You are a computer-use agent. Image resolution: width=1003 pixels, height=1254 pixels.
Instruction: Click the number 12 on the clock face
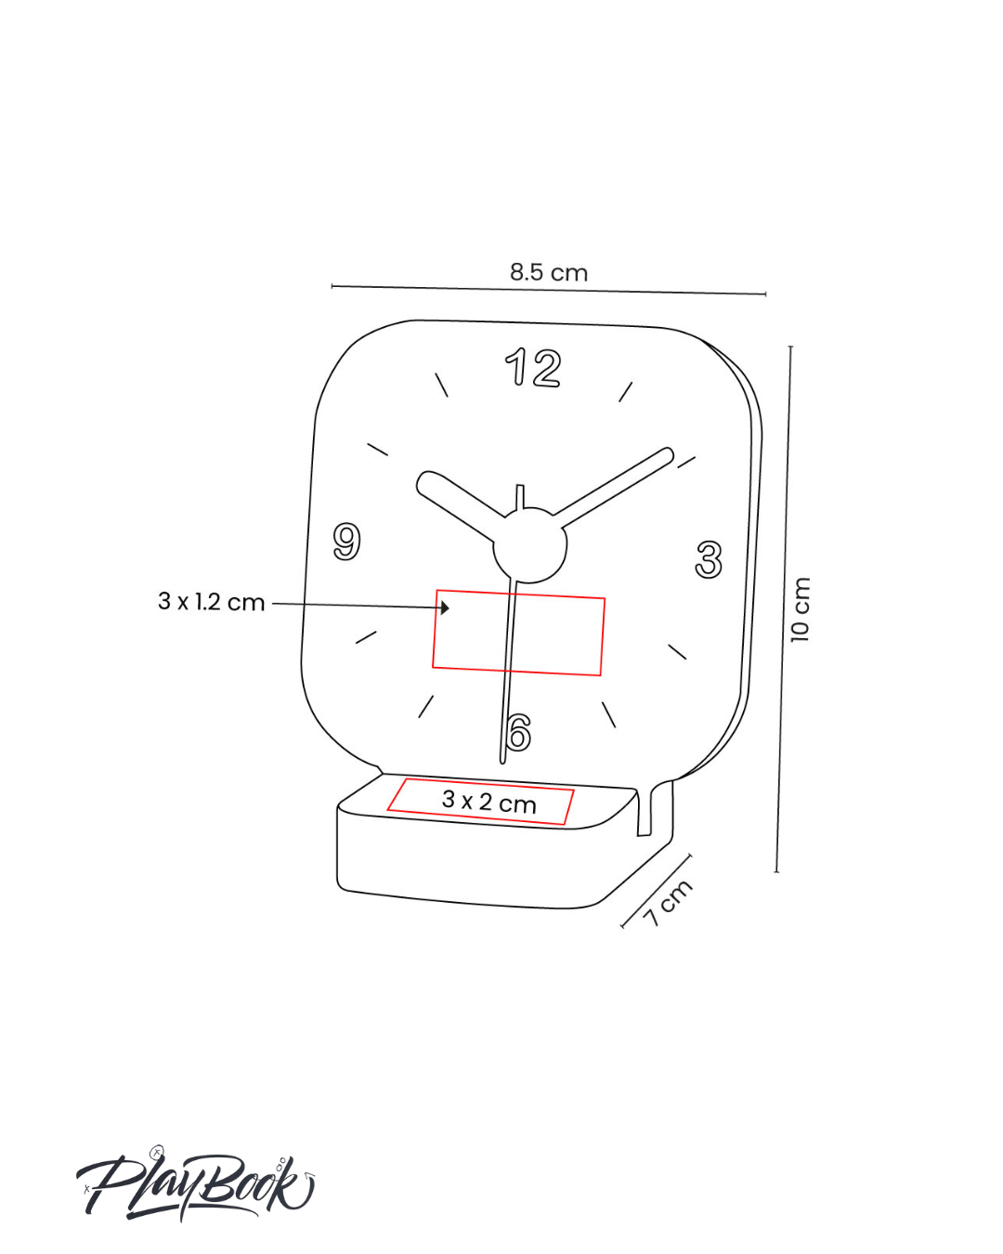point(533,368)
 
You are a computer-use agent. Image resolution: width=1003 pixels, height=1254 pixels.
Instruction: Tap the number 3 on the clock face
point(709,560)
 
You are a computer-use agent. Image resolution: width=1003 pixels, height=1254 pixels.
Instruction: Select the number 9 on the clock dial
point(346,542)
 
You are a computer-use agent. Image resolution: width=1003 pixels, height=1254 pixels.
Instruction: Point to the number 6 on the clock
point(518,733)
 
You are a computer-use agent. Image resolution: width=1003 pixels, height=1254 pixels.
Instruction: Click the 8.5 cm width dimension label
point(548,272)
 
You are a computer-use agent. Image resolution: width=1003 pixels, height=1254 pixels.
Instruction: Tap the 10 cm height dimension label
point(800,609)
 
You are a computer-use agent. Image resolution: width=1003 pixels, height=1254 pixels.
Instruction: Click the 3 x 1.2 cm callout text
point(212,602)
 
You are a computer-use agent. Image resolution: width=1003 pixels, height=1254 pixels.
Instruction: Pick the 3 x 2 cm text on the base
point(489,802)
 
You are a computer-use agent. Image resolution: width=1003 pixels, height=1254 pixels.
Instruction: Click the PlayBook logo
point(195,1186)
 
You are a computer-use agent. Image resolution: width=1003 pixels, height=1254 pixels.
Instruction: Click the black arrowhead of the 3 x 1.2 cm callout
point(445,607)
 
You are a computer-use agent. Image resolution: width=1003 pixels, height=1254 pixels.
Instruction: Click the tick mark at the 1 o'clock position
point(626,391)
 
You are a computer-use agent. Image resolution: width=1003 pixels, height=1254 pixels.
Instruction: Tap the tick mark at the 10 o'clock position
point(378,450)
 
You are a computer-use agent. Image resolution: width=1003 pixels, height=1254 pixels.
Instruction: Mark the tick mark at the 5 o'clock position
point(609,714)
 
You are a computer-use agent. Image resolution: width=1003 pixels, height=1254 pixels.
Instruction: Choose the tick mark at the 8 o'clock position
point(366,637)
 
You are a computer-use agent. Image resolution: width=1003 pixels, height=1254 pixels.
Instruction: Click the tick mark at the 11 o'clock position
point(442,385)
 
